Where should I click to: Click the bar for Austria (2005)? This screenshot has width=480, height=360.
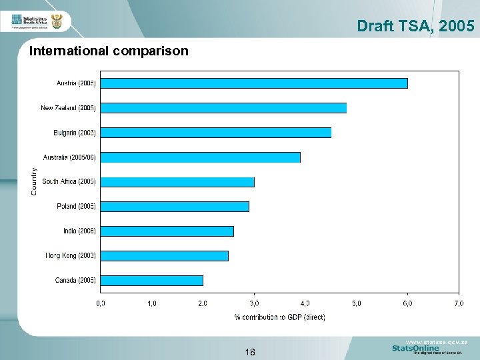coord(253,83)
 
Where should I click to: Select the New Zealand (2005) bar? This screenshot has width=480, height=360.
coord(223,108)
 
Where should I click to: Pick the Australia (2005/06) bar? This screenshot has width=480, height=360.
coord(200,157)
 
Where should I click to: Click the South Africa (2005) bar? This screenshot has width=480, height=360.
coord(177,182)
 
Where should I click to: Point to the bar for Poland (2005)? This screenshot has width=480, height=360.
coord(174,207)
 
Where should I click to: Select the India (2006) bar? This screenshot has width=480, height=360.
coord(167,231)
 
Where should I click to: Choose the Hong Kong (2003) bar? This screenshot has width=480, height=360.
coord(164,256)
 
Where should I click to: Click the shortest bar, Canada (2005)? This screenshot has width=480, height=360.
coord(151,281)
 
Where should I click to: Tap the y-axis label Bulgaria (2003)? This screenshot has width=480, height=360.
coord(75,133)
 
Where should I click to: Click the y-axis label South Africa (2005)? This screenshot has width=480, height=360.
coord(69,181)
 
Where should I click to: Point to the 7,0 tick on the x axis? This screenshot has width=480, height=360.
coord(459,303)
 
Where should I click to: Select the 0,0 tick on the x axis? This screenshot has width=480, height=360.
coord(101,303)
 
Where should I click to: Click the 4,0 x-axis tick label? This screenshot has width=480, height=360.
coord(305,303)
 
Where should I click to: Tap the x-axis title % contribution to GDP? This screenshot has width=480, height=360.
coord(279,317)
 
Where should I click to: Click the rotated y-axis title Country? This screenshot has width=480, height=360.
coord(35,181)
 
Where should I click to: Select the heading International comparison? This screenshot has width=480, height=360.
coord(109,51)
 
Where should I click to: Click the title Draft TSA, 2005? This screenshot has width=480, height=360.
coord(415,26)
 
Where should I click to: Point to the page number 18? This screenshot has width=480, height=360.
coord(250,351)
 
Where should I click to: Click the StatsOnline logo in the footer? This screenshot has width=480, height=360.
coord(415,348)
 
